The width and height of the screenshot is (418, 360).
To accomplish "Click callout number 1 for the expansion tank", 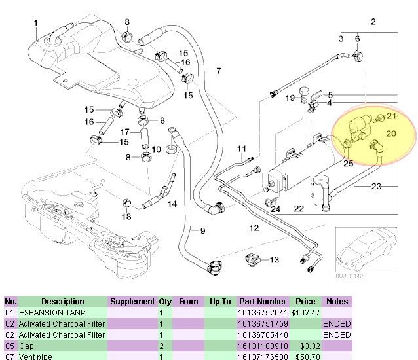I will pos(35,24).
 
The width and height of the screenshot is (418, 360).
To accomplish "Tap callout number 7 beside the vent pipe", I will pos(218,71).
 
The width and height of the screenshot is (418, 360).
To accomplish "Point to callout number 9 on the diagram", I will pos(202,230).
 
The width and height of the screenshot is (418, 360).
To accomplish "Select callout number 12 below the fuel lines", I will pos(254,228).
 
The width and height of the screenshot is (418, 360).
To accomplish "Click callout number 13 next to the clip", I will pos(274,260).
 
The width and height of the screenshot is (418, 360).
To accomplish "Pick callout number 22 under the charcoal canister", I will pos(299,209).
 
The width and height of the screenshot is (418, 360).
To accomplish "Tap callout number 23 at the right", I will pos(376,187).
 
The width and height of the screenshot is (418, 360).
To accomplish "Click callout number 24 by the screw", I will pos(276,209).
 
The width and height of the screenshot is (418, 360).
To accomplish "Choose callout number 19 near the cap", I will pos(290,98).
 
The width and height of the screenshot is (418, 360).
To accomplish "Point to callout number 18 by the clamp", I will pos(126,217).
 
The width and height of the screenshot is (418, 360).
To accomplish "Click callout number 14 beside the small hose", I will pos(172,204).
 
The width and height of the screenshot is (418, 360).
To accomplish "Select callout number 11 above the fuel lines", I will pos(241,149).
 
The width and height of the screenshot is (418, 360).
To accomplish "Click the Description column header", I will pos(63,302).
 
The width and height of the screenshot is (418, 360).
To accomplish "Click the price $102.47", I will pos(305,313).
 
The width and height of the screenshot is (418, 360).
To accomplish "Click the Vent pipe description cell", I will pos(37,357).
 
